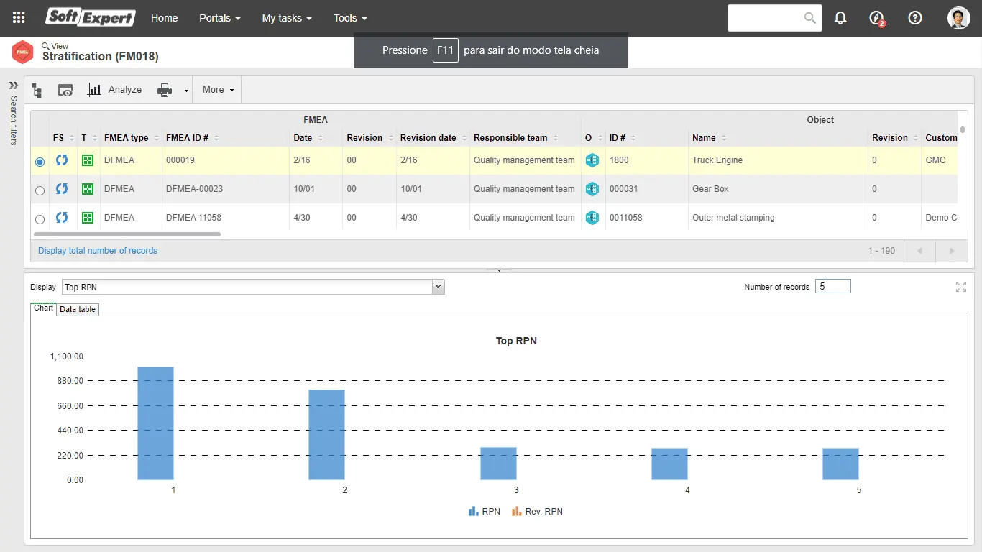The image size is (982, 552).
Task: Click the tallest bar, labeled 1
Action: [x=155, y=423]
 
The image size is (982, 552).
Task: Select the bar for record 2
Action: [x=326, y=435]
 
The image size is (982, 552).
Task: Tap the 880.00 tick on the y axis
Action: [x=67, y=381]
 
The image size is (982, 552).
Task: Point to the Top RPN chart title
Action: [x=516, y=341]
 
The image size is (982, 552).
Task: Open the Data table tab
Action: [x=78, y=309]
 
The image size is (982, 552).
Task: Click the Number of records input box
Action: [x=832, y=287]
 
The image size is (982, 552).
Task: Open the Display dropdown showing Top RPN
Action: [x=253, y=287]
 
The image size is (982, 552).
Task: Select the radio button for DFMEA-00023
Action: [x=40, y=190]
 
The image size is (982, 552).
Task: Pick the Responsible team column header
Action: [x=510, y=138]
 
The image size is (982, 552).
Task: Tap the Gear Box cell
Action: [x=710, y=189]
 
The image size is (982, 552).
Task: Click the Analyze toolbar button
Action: [x=115, y=90]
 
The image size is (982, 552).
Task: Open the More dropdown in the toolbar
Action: [x=218, y=90]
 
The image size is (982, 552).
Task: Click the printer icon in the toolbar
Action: [x=165, y=90]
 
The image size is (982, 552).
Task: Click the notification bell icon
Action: [x=840, y=18]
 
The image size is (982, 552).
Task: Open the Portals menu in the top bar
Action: [x=219, y=18]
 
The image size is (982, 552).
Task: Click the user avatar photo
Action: [x=959, y=18]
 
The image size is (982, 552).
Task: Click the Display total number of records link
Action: [x=98, y=251]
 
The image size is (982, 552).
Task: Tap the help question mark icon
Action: [x=915, y=18]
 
